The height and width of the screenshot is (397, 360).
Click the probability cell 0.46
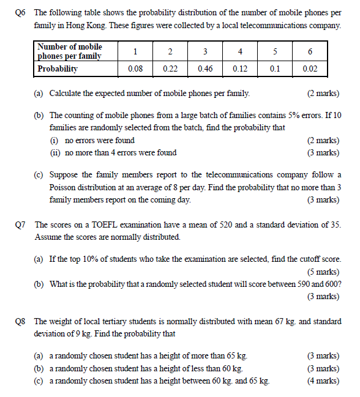[205, 69]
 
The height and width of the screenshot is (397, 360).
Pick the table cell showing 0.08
[135, 69]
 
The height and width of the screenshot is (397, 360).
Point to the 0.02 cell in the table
[310, 69]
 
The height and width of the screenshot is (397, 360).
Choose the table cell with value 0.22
[170, 69]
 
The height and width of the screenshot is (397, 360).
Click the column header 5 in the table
[275, 51]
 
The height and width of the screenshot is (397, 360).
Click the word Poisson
[63, 187]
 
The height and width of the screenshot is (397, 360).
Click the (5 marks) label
[323, 272]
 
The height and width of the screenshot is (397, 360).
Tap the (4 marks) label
[323, 380]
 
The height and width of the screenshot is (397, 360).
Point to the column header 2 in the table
[170, 51]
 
